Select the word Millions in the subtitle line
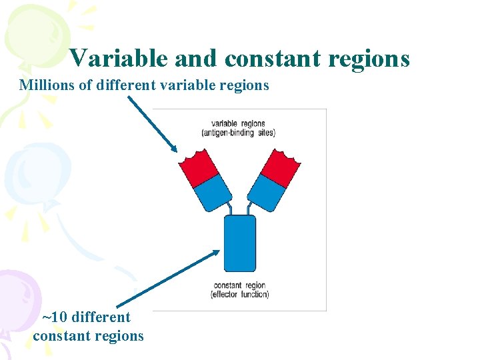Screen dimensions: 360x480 click(x=45, y=85)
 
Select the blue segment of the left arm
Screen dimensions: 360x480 click(x=213, y=191)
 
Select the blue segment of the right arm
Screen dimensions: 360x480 click(x=265, y=191)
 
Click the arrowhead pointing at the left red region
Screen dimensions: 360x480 click(x=173, y=149)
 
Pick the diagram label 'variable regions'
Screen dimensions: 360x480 click(x=238, y=123)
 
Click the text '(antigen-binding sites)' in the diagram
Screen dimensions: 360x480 click(x=238, y=133)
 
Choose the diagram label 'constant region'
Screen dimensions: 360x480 click(x=239, y=285)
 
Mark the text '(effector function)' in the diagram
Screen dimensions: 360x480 click(x=239, y=295)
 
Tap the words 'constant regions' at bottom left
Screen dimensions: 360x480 click(x=88, y=335)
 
